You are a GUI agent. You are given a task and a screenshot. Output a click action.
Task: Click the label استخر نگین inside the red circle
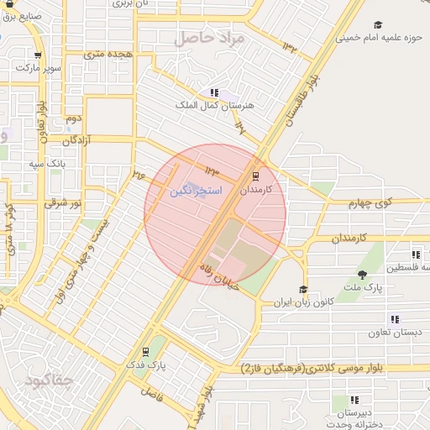click(x=195, y=191)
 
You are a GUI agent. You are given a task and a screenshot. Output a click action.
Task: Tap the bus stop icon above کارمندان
click(x=255, y=176)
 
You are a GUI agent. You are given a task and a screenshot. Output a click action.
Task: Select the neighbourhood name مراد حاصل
click(x=208, y=39)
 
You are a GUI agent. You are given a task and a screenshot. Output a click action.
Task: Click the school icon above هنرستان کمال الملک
click(x=215, y=92)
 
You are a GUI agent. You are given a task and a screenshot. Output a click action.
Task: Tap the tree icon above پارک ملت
click(x=362, y=275)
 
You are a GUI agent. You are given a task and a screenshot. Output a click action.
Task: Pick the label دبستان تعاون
click(x=394, y=333)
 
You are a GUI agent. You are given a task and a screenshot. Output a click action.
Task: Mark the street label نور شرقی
click(x=66, y=202)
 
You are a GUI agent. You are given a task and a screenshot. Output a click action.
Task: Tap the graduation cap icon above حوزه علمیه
click(x=377, y=24)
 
